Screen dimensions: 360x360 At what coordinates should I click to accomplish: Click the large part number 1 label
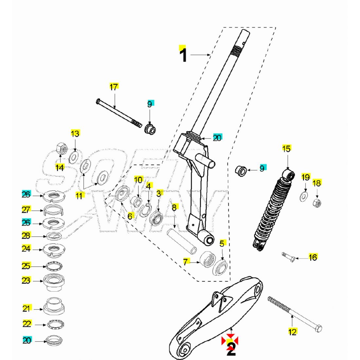(184, 55)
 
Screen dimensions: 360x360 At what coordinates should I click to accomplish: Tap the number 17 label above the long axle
(114, 87)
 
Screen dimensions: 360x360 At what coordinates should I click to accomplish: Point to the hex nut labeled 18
(317, 202)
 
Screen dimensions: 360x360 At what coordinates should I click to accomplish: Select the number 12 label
(293, 332)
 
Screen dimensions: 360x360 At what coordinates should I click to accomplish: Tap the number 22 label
(27, 324)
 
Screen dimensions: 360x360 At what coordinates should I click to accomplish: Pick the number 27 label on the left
(26, 210)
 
